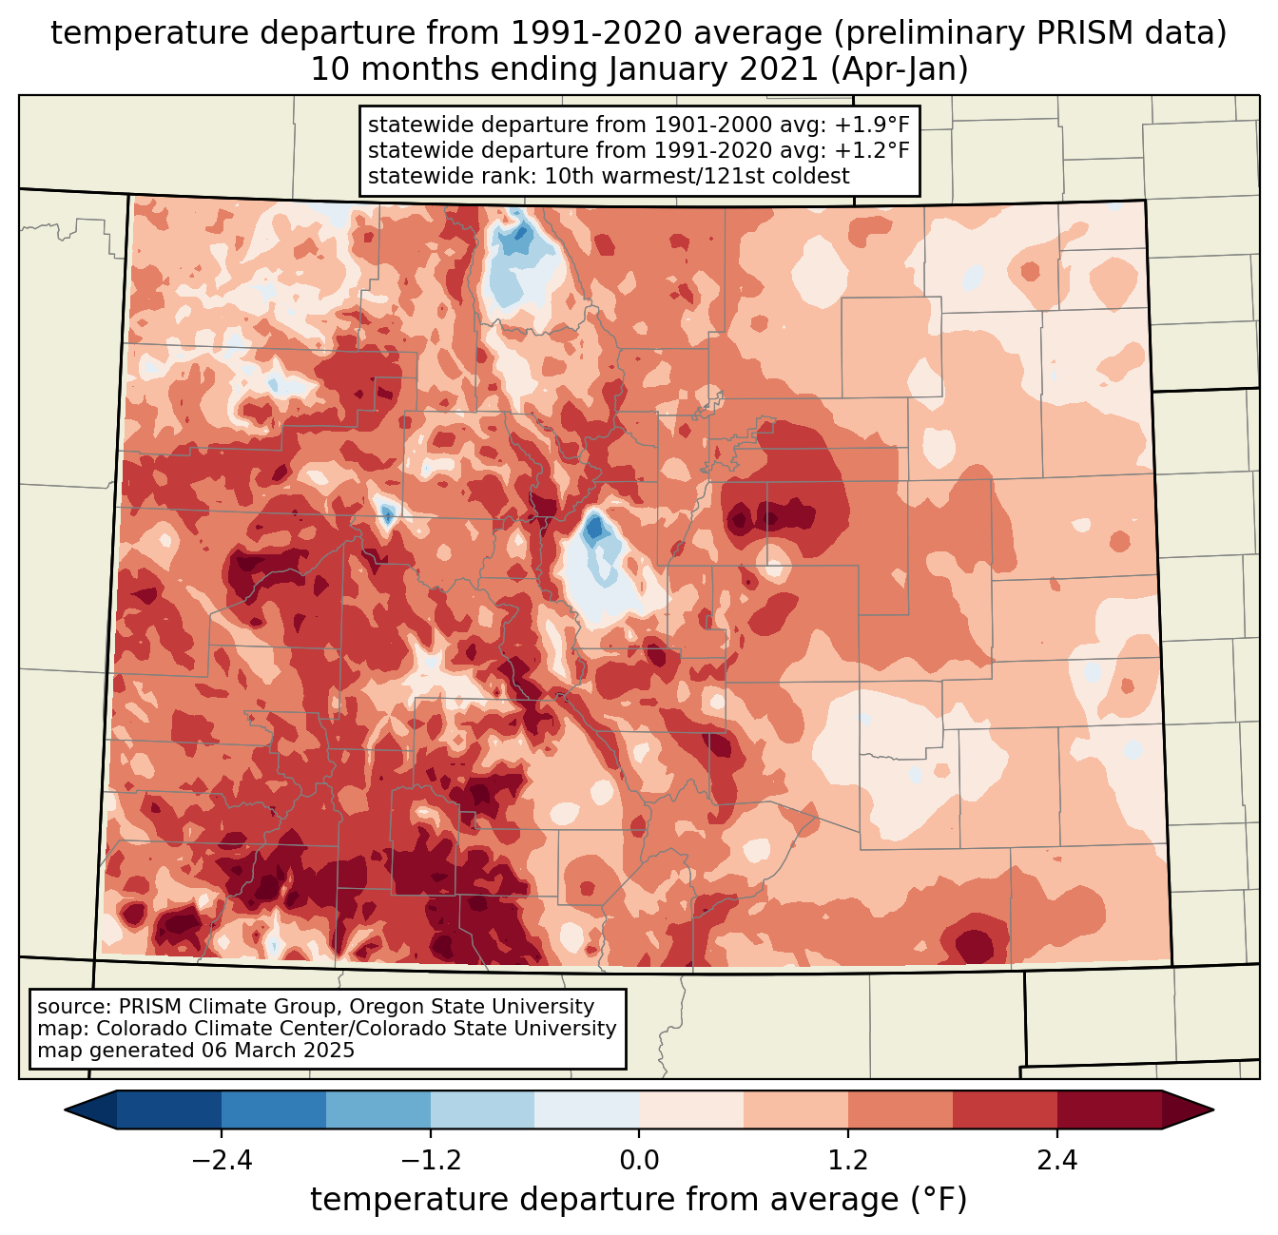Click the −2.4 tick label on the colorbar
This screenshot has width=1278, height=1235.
coord(221,1161)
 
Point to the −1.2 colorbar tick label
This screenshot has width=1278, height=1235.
coord(430,1161)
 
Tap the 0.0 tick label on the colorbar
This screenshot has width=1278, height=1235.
coord(639,1161)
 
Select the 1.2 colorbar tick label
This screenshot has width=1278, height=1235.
coord(848,1161)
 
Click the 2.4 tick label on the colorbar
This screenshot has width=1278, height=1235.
coord(1057,1161)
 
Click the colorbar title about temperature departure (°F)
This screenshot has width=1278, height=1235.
coord(639,1200)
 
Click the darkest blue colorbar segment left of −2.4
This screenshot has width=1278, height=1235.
coord(169,1110)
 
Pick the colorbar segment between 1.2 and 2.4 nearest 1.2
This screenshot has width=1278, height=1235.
coord(900,1110)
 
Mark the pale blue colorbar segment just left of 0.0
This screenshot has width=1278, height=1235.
coord(587,1110)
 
